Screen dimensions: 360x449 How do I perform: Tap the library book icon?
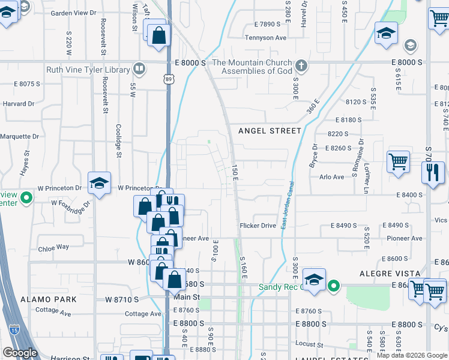[x=140, y=70]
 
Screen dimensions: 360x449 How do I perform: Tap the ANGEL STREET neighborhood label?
[x=270, y=131]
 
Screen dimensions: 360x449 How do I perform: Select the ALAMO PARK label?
[x=48, y=299]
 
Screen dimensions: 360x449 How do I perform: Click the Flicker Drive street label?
[x=258, y=226]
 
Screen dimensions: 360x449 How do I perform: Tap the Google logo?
[x=20, y=353]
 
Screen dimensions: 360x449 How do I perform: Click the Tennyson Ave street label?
[x=265, y=37]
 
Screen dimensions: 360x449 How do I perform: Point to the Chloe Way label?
[x=53, y=247]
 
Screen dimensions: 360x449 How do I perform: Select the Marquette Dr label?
[x=19, y=136]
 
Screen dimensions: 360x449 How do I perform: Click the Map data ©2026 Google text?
[x=412, y=355]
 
